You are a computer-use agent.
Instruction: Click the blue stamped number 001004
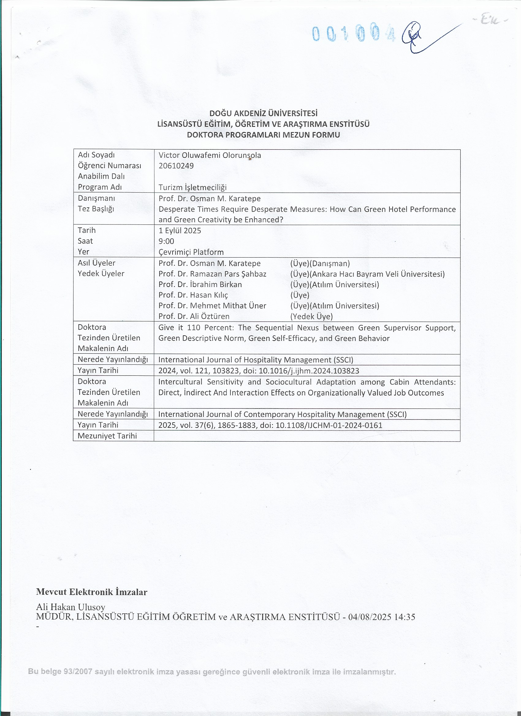[x=353, y=34]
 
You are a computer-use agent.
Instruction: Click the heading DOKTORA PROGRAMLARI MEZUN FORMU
[x=263, y=135]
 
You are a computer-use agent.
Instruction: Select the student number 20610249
[x=176, y=166]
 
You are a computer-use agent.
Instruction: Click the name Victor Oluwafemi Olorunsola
[x=210, y=155]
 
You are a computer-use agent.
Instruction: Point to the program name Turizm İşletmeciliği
[x=192, y=187]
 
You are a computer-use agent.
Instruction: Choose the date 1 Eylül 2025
[x=180, y=231]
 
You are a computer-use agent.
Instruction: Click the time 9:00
[x=166, y=241]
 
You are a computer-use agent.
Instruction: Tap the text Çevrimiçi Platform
[x=191, y=252]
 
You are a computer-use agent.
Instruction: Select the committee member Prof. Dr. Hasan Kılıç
[x=193, y=295]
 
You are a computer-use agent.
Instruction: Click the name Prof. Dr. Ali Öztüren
[x=194, y=316]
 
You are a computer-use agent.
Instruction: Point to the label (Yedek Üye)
[x=311, y=316]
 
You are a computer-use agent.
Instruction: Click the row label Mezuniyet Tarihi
[x=107, y=436]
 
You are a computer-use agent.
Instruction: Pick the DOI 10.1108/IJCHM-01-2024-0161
[x=329, y=425]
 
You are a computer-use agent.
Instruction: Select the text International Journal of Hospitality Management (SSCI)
[x=256, y=360]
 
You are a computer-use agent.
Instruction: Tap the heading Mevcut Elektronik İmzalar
[x=92, y=592]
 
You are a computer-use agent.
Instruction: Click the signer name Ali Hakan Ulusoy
[x=70, y=607]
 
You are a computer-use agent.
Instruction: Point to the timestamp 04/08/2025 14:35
[x=381, y=616]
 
